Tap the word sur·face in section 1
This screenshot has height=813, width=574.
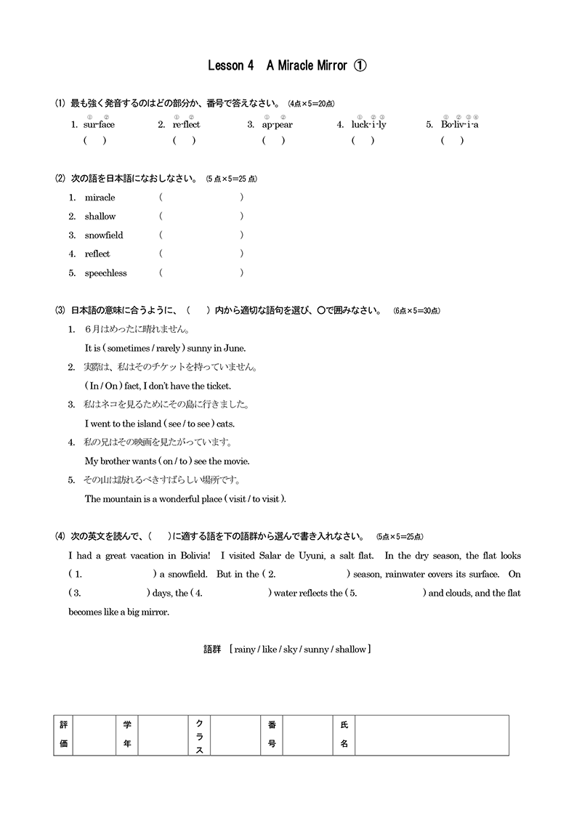point(99,124)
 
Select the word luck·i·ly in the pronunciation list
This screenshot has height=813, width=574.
point(368,124)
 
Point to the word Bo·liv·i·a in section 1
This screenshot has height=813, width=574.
point(459,124)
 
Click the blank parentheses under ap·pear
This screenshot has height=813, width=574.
point(274,141)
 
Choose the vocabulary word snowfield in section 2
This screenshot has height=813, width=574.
point(104,235)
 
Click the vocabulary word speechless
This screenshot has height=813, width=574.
point(105,273)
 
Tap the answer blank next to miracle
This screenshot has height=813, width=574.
point(201,198)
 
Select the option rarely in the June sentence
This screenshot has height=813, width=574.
point(168,348)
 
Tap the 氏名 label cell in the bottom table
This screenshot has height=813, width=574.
point(344,735)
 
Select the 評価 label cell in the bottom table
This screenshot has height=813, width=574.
point(63,735)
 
